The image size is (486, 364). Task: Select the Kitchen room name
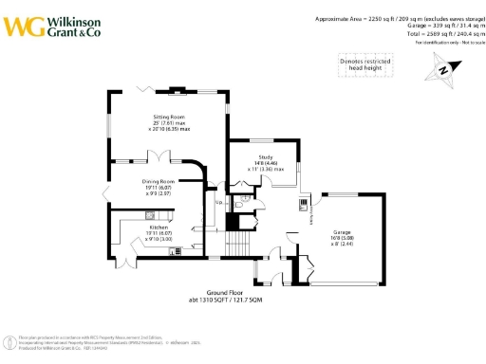158,227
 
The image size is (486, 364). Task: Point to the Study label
266,157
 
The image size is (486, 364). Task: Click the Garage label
343,232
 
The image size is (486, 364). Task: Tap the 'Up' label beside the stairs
218,202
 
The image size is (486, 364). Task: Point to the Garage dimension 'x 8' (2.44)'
343,245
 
